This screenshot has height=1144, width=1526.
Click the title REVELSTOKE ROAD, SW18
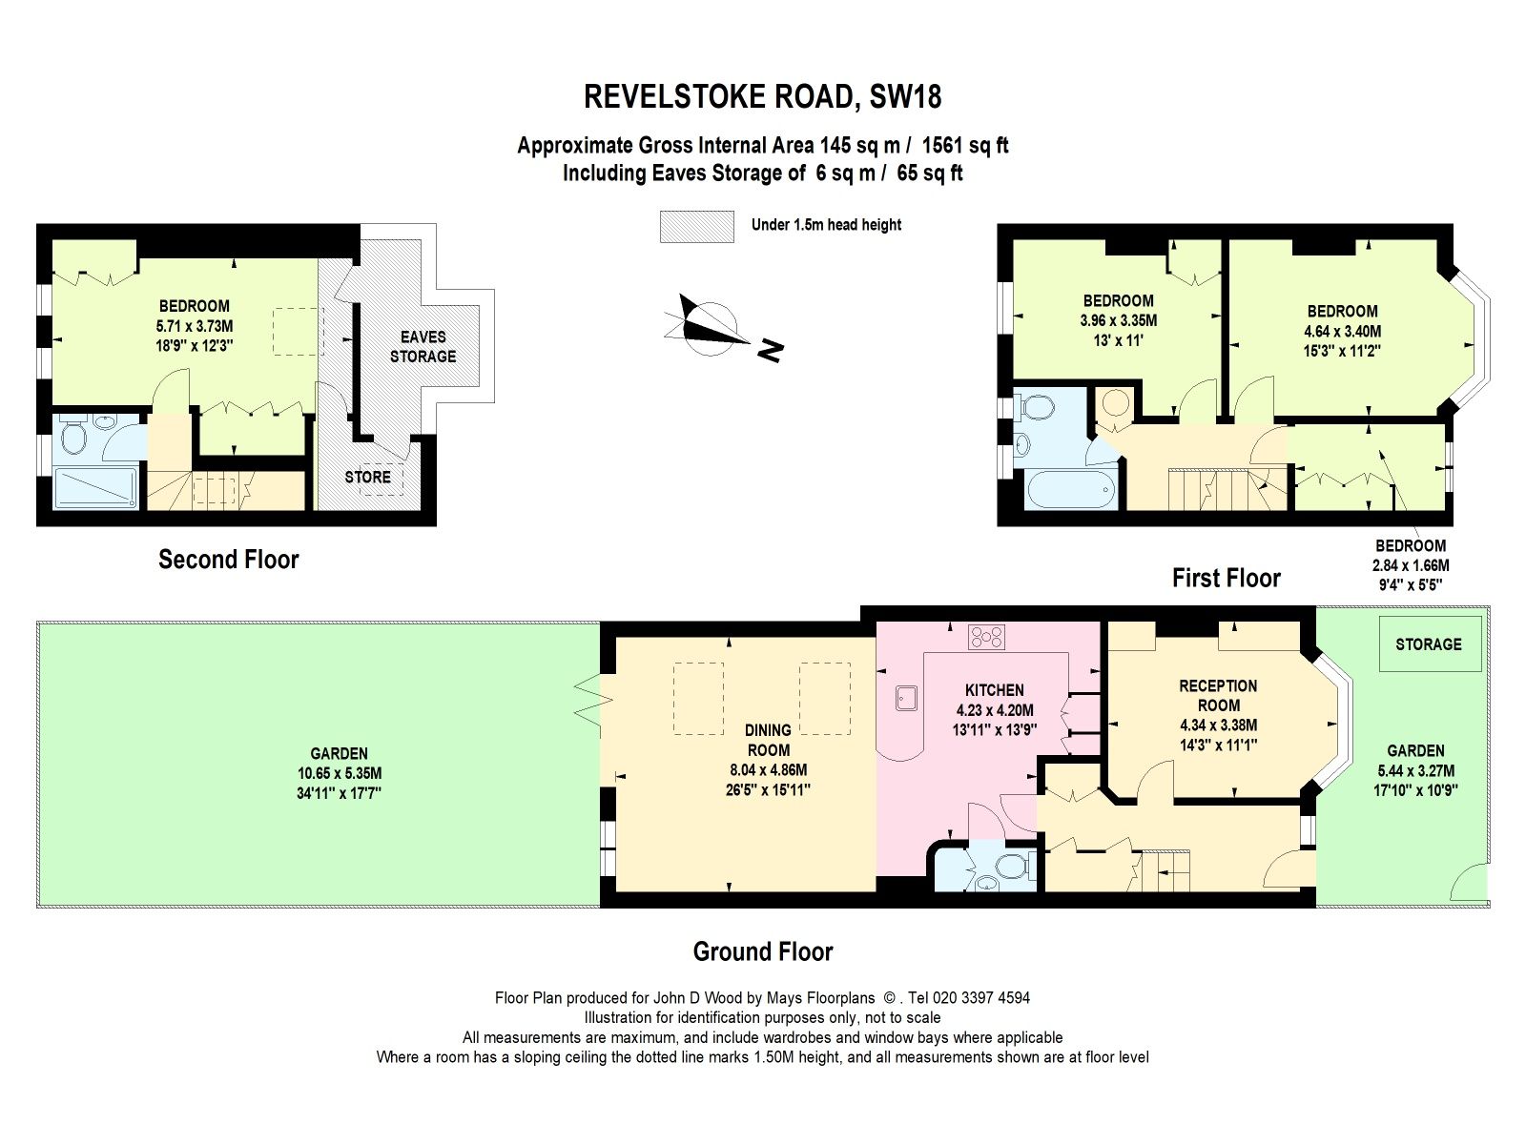coord(762,96)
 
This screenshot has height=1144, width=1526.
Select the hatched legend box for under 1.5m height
coord(696,226)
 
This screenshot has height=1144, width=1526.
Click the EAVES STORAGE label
coord(423,346)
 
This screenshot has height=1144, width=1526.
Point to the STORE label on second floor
coord(367,477)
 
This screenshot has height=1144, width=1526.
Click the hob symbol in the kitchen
coord(986,636)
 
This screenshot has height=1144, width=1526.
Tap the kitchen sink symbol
coord(905,699)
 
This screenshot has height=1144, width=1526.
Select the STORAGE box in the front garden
coord(1429,644)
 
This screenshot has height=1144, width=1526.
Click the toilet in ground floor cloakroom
coord(1009,867)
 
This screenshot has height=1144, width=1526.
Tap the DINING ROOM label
coord(768,740)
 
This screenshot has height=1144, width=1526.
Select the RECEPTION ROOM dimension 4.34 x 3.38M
coord(1218,725)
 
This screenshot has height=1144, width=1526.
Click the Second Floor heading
coord(228,560)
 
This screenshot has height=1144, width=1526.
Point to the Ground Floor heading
coord(762,951)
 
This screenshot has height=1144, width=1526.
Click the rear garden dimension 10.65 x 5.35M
coord(339,773)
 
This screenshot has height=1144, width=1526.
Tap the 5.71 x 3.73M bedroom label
coord(194,326)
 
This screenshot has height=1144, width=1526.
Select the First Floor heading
coord(1226,578)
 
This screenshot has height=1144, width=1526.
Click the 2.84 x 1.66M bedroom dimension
coord(1410,565)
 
